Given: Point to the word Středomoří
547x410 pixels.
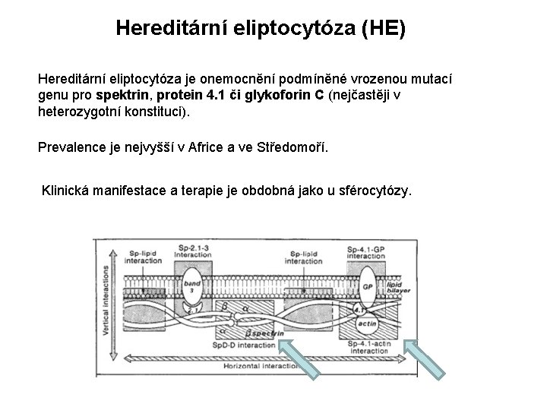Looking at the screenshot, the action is click(291, 146).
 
